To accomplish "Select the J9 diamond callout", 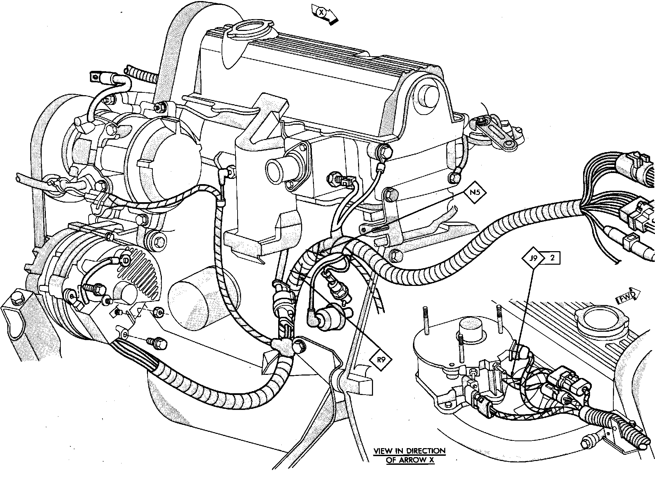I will [533, 259].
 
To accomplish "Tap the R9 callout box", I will [381, 360].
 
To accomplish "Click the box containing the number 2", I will [552, 258].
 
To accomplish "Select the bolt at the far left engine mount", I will [16, 299].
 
